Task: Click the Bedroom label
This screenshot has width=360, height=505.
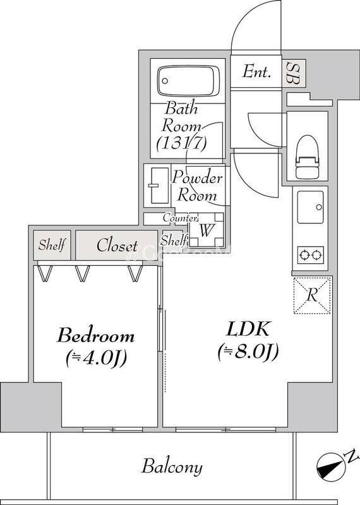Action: (96, 335)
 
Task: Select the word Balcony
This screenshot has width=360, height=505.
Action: (172, 467)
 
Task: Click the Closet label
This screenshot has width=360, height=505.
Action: (117, 246)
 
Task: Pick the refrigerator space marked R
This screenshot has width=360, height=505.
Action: (311, 295)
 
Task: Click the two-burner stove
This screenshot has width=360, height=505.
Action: (310, 256)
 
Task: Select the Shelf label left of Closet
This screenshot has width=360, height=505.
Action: (52, 246)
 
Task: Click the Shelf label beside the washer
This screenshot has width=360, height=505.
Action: (174, 240)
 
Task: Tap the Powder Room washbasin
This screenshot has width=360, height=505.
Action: (155, 186)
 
